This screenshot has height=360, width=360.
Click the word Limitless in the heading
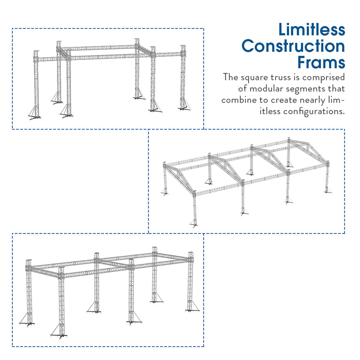point(311,30)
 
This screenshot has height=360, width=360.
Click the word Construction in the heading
point(293,46)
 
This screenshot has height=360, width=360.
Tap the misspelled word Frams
point(321,62)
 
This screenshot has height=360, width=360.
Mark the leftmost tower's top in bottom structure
point(29,261)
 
